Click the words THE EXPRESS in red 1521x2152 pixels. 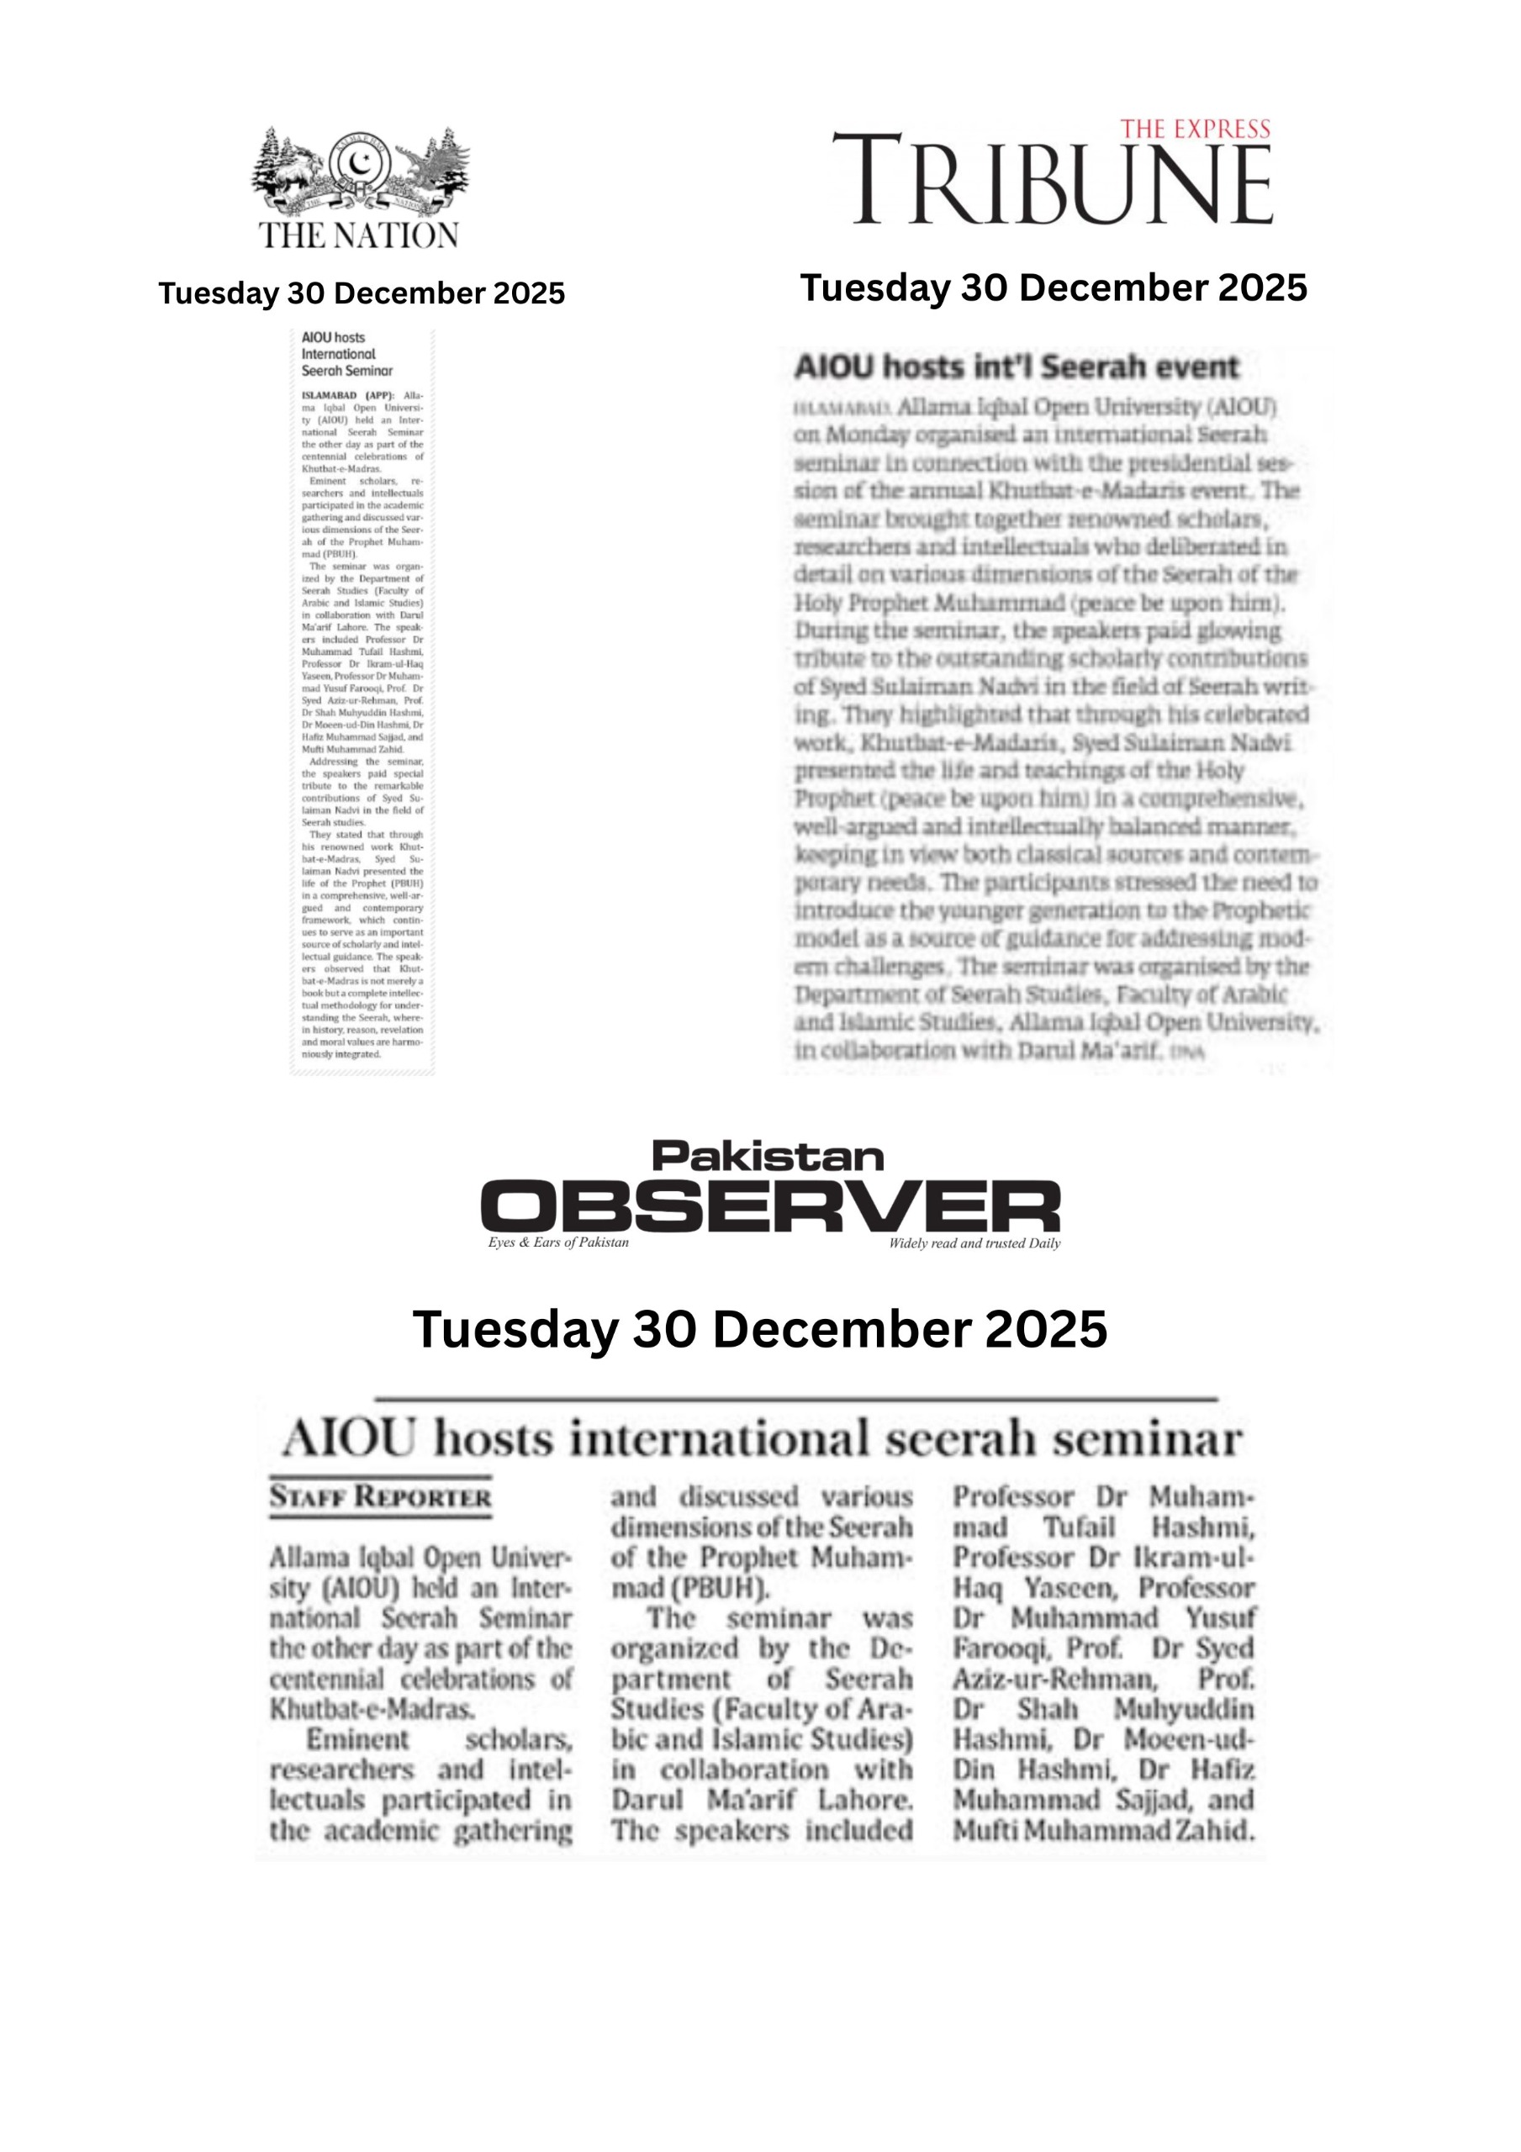tap(1196, 129)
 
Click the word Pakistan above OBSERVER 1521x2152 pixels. tap(768, 1157)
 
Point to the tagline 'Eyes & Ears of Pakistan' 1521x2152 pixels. tap(558, 1242)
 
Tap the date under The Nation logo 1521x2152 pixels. tap(362, 293)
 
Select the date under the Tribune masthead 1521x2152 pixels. tap(1053, 287)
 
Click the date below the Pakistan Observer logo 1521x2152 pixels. tap(759, 1329)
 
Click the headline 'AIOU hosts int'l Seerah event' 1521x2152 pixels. tap(1017, 367)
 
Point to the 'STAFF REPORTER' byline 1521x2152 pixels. tap(380, 1497)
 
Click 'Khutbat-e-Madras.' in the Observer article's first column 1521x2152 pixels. tap(372, 1709)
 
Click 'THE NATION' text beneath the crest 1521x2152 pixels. tap(359, 235)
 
